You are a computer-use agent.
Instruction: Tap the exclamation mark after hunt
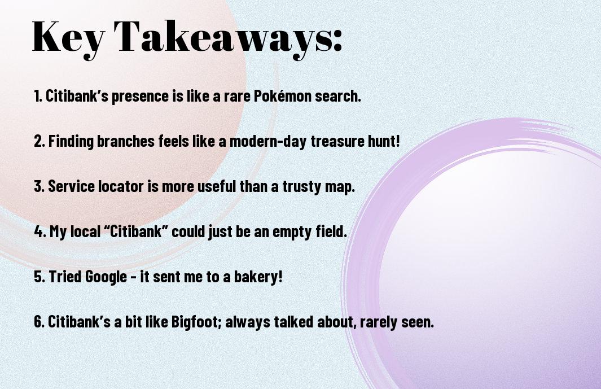click(x=397, y=141)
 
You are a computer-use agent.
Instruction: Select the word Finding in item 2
click(x=71, y=141)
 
